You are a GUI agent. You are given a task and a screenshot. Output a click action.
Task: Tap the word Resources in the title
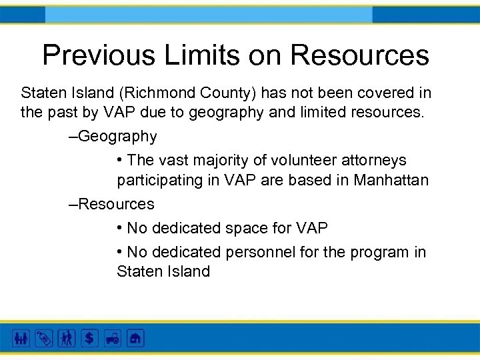coord(360,55)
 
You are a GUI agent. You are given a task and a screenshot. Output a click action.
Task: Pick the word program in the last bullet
coord(377,253)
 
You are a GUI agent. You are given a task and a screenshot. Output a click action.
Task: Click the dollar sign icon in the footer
coord(89,338)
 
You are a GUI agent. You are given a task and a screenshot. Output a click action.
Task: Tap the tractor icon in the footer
coord(112,338)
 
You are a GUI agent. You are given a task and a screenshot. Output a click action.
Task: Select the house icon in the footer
coord(135,338)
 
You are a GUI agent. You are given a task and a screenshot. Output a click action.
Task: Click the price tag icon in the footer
coord(43,338)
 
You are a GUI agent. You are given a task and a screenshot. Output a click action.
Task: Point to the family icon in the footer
coord(21,338)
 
